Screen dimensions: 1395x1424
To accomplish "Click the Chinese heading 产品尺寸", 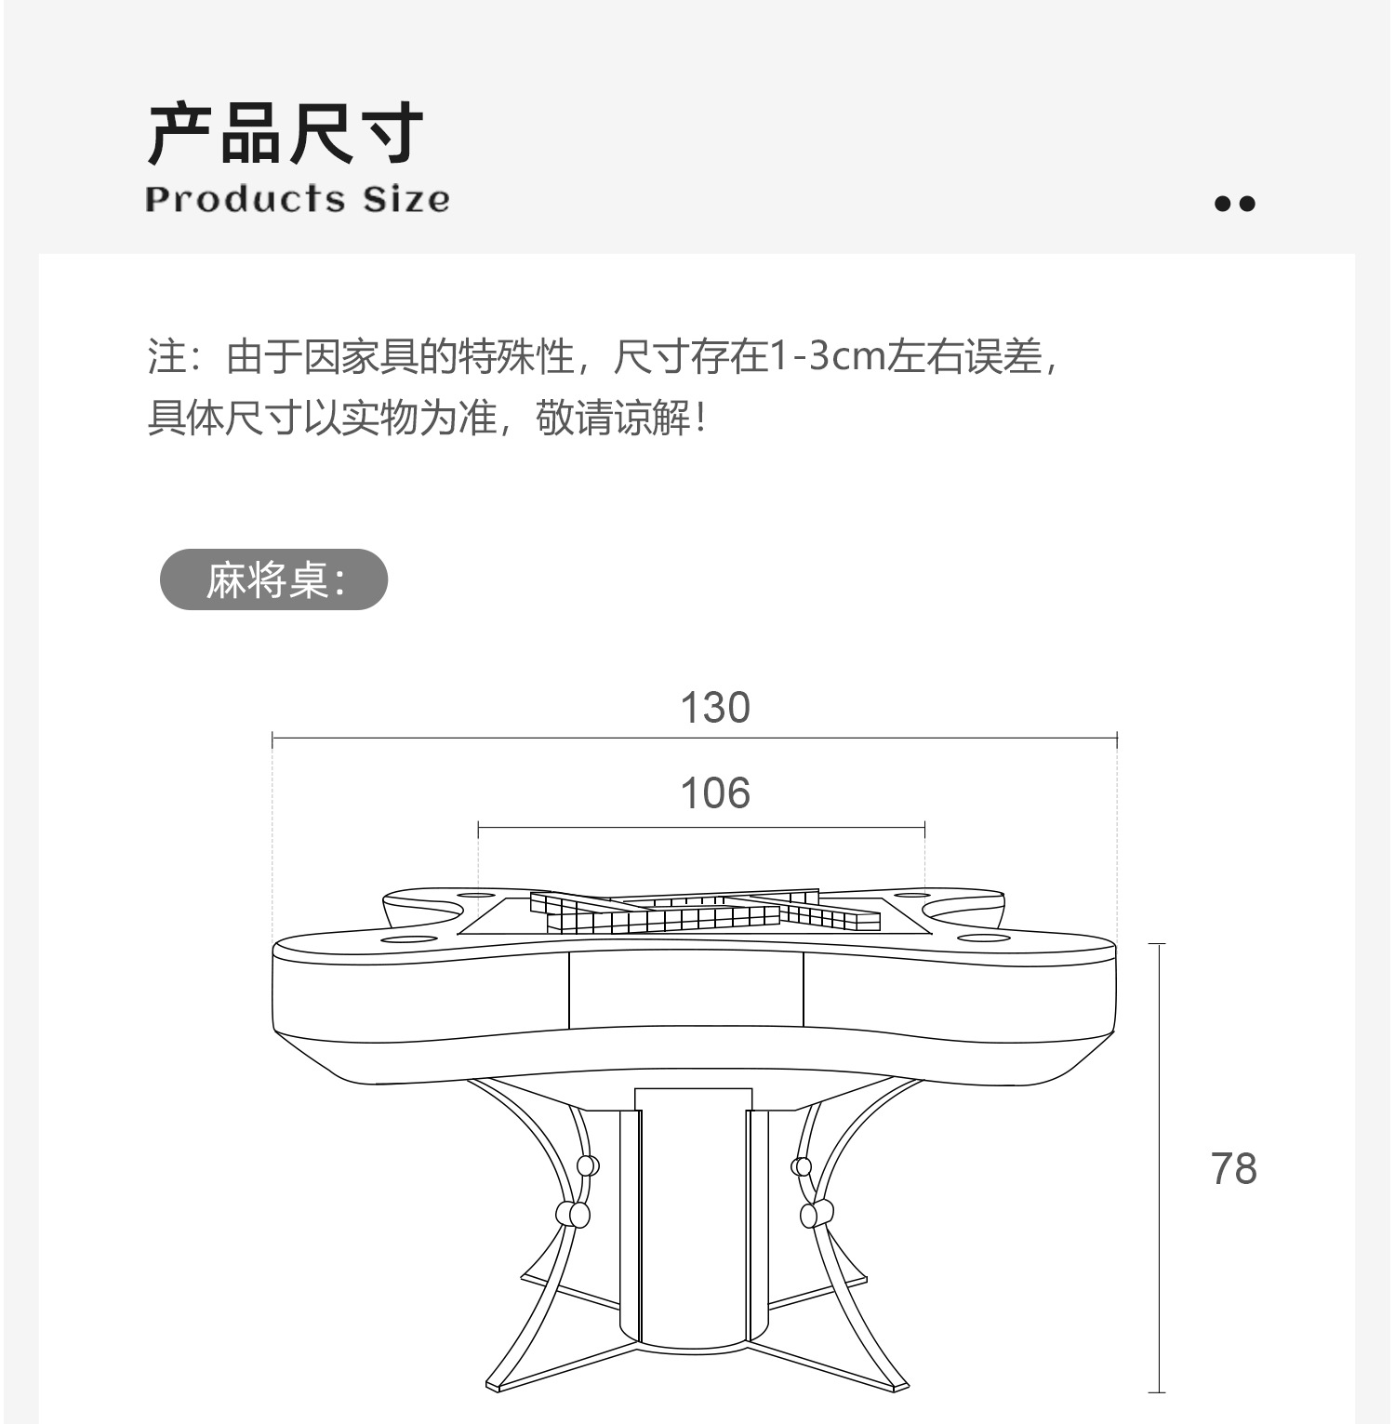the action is [x=286, y=135].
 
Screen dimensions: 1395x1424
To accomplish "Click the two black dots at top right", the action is [x=1234, y=204].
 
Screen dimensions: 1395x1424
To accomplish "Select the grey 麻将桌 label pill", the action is [x=273, y=580].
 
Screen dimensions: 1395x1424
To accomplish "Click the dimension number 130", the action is [x=714, y=708].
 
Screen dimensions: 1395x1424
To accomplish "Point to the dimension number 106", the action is [x=714, y=793].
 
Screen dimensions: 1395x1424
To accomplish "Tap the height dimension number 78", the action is [x=1233, y=1168].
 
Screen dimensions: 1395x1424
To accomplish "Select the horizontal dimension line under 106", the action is [x=701, y=826].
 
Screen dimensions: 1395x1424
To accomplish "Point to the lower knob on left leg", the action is [x=572, y=1213].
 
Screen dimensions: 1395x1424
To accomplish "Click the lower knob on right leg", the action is [x=817, y=1213].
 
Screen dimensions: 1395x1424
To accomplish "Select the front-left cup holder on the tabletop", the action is [x=409, y=938].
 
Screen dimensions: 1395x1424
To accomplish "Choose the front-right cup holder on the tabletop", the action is [x=983, y=937].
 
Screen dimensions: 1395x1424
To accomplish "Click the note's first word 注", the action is [x=166, y=356].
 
